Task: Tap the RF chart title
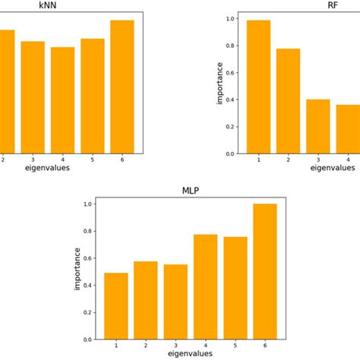click(x=332, y=5)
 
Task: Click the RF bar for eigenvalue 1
click(x=258, y=87)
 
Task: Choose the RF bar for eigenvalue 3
click(x=318, y=127)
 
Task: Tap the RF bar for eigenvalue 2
click(x=289, y=101)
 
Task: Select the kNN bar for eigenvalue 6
click(x=122, y=87)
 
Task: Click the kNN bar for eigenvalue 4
click(x=62, y=100)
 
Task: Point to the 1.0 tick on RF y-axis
click(x=231, y=19)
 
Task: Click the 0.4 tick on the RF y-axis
click(x=231, y=100)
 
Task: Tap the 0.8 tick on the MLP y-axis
click(x=88, y=232)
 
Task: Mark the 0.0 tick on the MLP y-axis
click(x=88, y=339)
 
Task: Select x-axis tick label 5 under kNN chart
click(x=92, y=159)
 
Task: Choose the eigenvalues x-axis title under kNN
click(x=47, y=168)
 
